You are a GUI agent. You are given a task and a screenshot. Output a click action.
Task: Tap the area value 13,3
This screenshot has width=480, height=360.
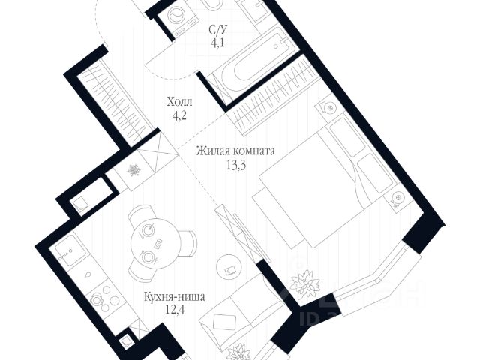235,165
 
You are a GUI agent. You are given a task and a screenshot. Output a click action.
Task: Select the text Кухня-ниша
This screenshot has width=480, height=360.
174,296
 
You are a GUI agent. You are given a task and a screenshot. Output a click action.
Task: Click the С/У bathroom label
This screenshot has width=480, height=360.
218,30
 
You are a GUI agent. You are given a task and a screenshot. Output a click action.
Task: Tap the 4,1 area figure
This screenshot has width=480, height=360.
218,43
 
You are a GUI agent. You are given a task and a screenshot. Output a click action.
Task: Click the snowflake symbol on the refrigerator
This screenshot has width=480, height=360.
135,172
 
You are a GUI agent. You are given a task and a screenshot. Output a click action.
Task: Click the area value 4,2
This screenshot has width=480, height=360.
179,116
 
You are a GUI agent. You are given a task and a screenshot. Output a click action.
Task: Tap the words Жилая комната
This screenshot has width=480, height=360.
235,151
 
